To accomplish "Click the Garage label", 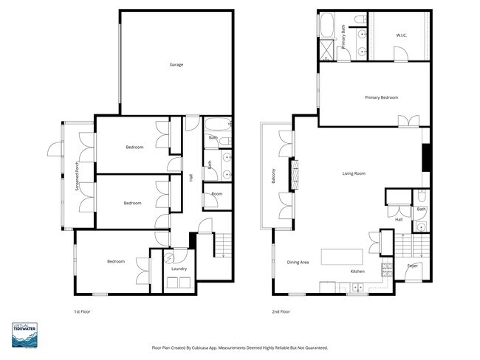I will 176,65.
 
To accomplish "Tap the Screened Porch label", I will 78,177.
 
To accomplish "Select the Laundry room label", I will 179,269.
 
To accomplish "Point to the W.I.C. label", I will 401,35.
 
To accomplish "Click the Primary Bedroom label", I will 381,97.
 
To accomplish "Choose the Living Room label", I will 354,173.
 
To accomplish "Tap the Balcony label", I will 273,176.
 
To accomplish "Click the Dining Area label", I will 298,263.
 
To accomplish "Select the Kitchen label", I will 357,271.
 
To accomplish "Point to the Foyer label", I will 413,265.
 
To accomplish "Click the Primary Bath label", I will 343,37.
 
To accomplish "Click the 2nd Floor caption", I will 281,312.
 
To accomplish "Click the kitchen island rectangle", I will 341,257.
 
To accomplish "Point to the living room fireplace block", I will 426,156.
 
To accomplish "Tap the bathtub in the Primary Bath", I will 326,25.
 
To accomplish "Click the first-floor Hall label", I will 191,177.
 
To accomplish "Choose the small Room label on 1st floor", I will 216,193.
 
